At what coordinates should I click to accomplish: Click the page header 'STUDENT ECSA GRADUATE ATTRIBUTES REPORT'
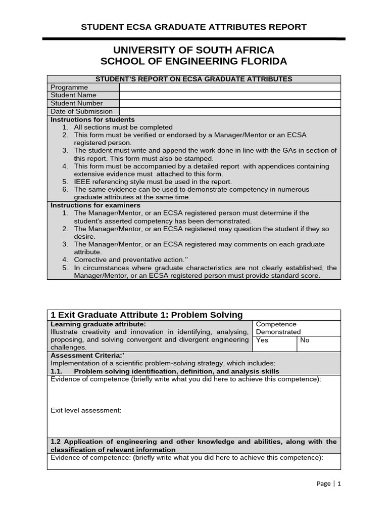[x=193, y=27]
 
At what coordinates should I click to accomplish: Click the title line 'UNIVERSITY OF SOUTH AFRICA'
[x=193, y=50]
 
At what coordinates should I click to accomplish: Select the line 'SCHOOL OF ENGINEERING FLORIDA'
[x=193, y=61]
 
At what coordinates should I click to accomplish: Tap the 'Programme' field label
[x=69, y=87]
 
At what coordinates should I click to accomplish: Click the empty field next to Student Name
[x=230, y=95]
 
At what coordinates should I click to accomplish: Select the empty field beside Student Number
[x=230, y=103]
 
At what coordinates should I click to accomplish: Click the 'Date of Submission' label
[x=81, y=111]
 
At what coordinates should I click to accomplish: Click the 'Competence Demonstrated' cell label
[x=278, y=328]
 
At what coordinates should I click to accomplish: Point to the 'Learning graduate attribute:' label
[x=99, y=324]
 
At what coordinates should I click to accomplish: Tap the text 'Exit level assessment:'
[x=86, y=410]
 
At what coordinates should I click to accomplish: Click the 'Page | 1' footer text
[x=329, y=484]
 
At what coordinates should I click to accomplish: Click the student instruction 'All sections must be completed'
[x=123, y=127]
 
